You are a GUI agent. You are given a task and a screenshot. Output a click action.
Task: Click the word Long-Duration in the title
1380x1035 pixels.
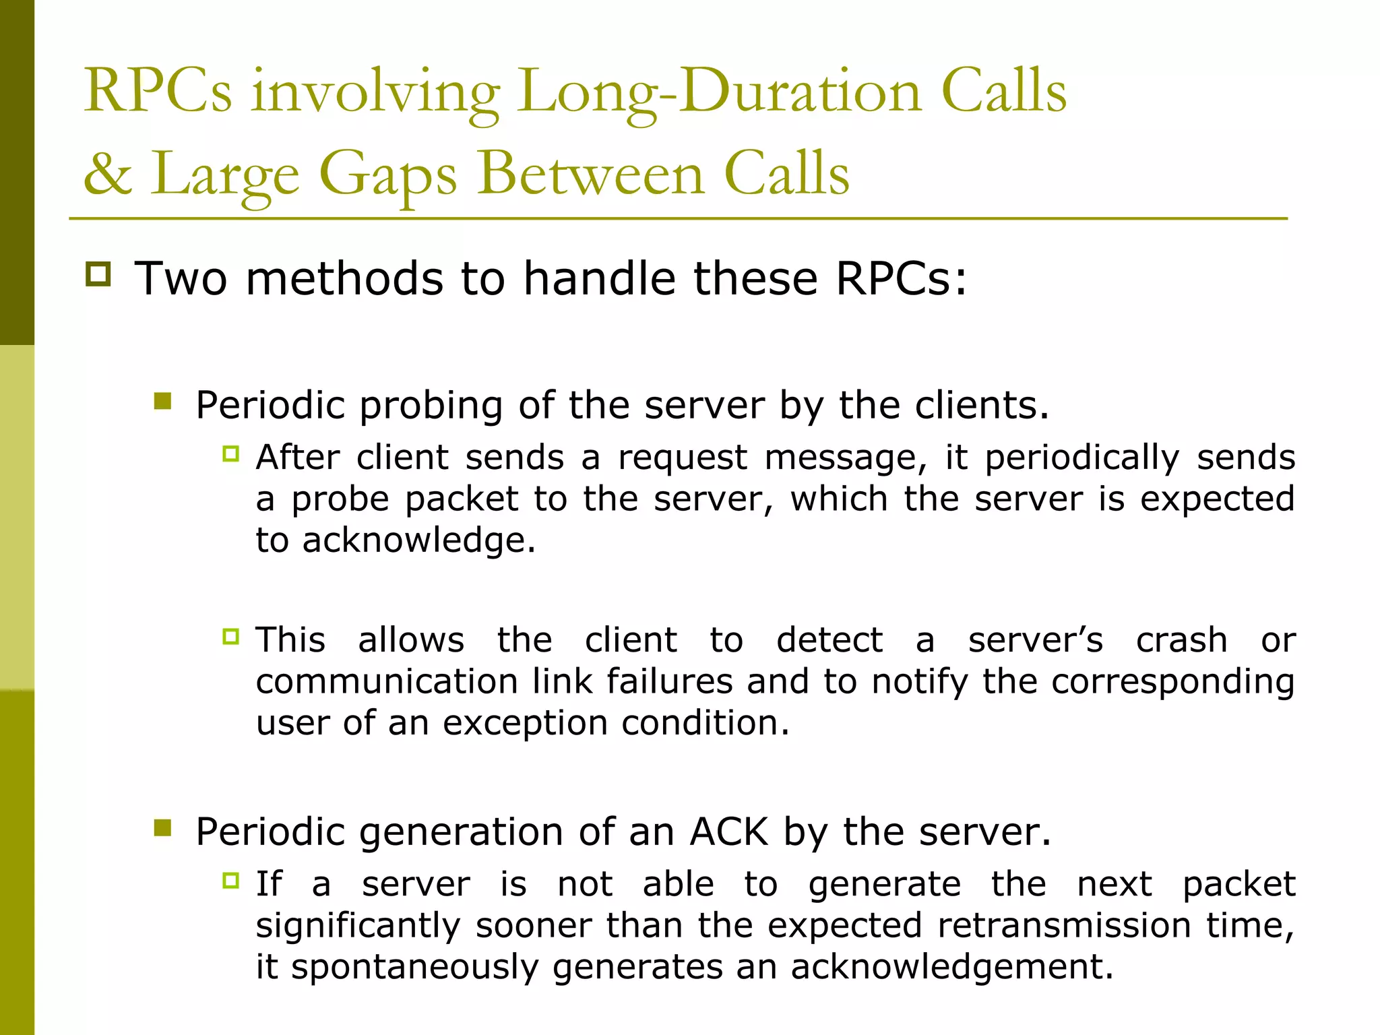[x=719, y=92]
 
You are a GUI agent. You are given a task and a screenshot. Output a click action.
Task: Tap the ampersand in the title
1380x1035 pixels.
[x=107, y=174]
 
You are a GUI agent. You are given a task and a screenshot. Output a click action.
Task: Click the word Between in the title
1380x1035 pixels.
[x=592, y=174]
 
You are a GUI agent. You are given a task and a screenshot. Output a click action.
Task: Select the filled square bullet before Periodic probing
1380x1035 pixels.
[x=162, y=402]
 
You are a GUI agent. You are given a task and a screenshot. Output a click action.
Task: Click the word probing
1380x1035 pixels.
[x=431, y=406]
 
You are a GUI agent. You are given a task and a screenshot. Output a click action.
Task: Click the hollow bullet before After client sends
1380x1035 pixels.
[x=231, y=454]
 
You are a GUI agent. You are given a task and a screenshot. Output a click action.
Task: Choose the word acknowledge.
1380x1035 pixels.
[x=418, y=540]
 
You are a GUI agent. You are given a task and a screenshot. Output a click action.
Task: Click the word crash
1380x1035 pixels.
[x=1181, y=639]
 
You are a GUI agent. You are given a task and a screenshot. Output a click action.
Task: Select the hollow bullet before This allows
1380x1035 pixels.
[x=231, y=636]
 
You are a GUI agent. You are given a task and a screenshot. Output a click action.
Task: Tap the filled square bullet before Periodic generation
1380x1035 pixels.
[x=162, y=827]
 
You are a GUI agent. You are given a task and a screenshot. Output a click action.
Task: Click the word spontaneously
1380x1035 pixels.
[x=414, y=968]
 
